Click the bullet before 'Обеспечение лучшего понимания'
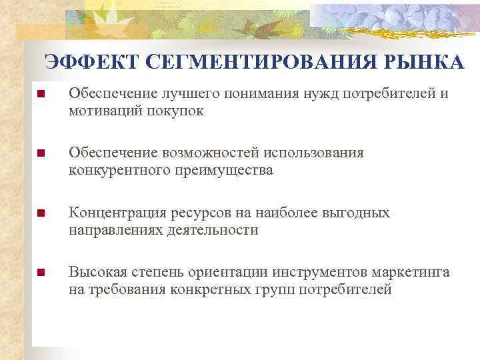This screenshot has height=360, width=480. [x=41, y=95]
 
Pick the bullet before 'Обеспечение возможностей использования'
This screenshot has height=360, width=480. [x=41, y=154]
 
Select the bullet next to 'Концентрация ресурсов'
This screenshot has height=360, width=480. [x=41, y=213]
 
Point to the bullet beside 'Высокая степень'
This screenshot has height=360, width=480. [x=41, y=273]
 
